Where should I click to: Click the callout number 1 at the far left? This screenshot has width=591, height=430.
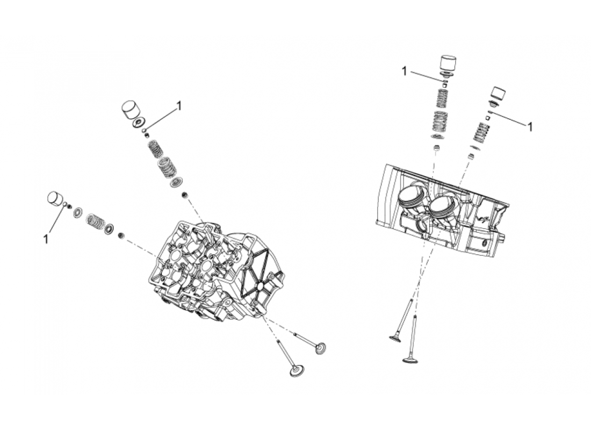tap(47, 238)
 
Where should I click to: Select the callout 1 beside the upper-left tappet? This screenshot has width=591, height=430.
tap(179, 106)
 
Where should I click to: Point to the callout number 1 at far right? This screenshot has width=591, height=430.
tap(530, 127)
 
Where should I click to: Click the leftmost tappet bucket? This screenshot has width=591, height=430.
tap(57, 198)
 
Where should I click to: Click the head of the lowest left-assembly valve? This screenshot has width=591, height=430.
tap(295, 371)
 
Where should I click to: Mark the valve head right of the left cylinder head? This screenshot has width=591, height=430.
tap(321, 349)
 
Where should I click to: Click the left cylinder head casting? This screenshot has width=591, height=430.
tap(215, 274)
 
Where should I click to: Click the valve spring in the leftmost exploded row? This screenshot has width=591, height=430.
tap(95, 219)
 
